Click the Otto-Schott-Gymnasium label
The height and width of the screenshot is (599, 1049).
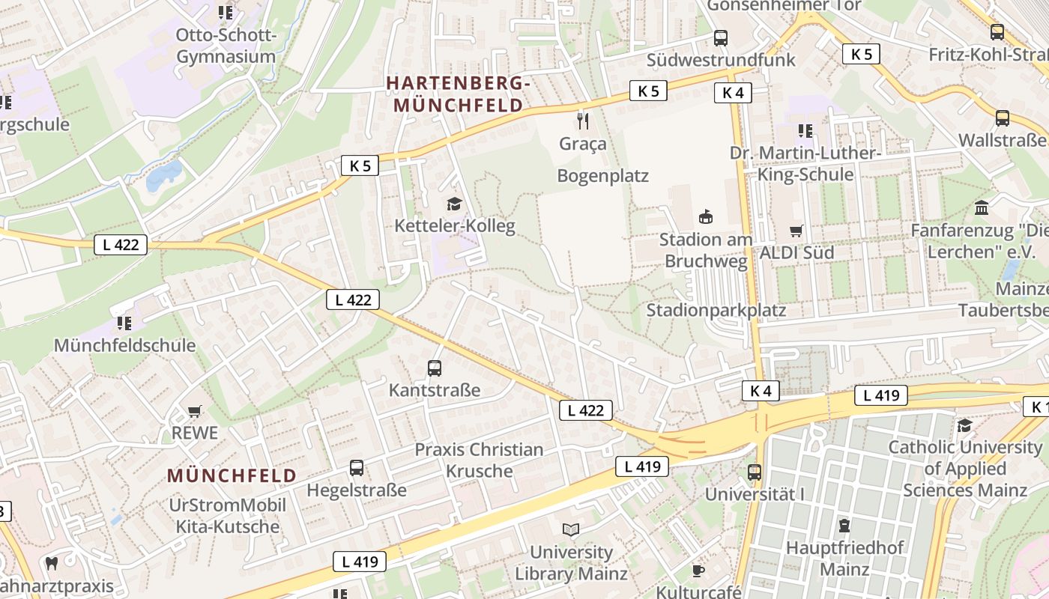coord(226,46)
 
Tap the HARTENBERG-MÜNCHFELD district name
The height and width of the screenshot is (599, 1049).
coord(458,94)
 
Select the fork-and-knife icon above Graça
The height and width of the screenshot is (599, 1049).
coord(583,120)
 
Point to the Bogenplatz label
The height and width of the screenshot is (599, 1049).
coord(602,176)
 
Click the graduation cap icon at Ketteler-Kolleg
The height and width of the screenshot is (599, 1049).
coord(454,204)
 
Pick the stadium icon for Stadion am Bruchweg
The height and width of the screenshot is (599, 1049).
coord(705,217)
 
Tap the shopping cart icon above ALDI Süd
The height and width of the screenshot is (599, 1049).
coord(796,231)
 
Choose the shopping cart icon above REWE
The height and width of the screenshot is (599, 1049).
coord(195,411)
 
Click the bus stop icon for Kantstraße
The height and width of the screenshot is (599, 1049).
coord(435,368)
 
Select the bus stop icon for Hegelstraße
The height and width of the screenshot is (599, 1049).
coord(357,468)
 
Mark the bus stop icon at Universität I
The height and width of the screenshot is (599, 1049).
coord(755,472)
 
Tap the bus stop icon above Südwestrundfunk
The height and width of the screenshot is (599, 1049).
coord(721,37)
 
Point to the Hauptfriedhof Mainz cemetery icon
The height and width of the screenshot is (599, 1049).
coord(844,525)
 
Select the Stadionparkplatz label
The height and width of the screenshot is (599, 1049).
coord(716,310)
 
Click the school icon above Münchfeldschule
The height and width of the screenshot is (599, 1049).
coord(124,323)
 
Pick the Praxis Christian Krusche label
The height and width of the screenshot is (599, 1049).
coord(479,460)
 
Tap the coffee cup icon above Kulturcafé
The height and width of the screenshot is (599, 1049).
coord(698,571)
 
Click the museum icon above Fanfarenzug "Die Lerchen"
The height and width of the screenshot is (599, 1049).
coord(981,207)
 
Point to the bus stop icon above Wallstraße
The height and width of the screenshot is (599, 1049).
coord(1002,118)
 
